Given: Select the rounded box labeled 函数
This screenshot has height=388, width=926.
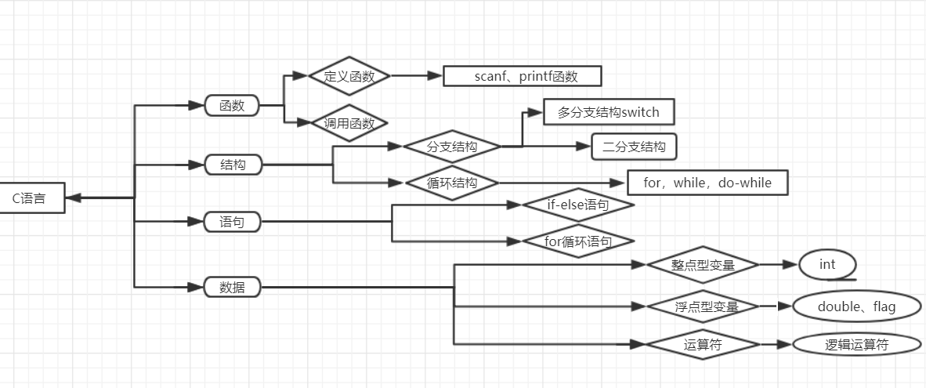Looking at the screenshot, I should (x=232, y=105).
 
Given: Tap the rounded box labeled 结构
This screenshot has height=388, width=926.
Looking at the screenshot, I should (x=232, y=165).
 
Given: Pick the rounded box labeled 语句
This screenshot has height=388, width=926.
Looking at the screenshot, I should (x=232, y=222).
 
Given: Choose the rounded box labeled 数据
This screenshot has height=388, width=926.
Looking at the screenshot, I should (x=232, y=287).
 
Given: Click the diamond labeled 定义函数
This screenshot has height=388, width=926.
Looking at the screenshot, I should (x=349, y=76).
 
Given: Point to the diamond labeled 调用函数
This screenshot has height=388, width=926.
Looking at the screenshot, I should (x=349, y=123).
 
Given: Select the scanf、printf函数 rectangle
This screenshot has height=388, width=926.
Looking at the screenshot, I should (x=522, y=76).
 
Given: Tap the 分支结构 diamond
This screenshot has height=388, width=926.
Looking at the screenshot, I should (x=452, y=147).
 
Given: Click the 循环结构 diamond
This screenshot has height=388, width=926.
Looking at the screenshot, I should (x=452, y=183).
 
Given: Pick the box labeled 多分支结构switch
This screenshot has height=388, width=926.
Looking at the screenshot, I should (x=609, y=112).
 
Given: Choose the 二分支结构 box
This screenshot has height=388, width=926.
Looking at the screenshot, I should (x=634, y=147).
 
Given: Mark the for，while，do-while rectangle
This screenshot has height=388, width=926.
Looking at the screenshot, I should (x=707, y=183).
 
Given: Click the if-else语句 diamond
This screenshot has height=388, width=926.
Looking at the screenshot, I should (x=578, y=205).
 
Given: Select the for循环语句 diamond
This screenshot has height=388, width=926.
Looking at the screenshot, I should (x=578, y=241).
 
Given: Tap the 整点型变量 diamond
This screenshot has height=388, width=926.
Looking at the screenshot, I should (x=703, y=265).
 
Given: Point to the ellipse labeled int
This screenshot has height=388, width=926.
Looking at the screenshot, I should (x=828, y=264).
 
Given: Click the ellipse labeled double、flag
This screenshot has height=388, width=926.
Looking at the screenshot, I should (x=856, y=306).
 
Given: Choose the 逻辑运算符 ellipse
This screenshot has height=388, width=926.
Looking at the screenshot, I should (x=856, y=344).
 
